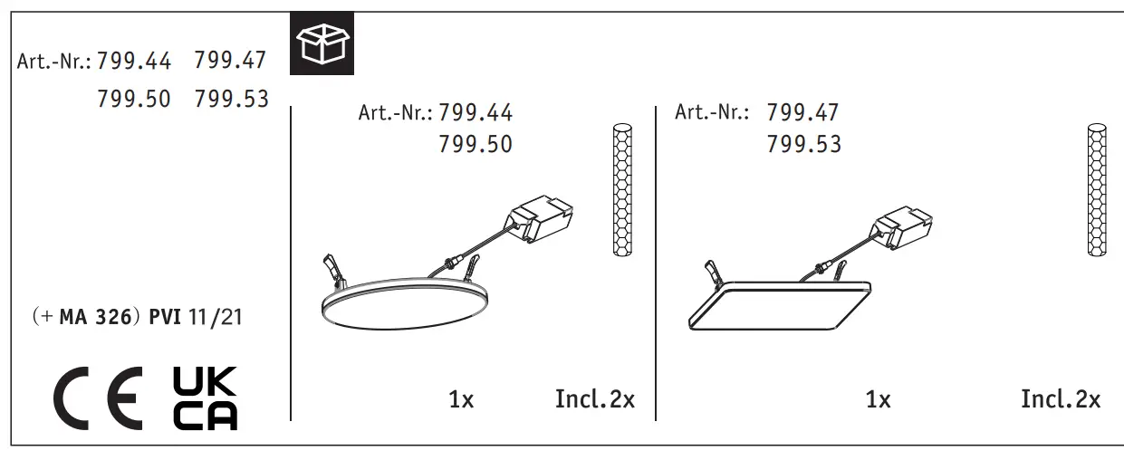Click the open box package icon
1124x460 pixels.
point(322,43)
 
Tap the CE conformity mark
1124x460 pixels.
point(98,398)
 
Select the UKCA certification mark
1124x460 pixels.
point(205,398)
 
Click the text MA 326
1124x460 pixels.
point(95,317)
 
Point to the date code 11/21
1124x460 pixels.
point(216,317)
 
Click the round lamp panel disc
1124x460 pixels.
point(405,304)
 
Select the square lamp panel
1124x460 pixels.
point(780,305)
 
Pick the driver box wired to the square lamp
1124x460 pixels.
point(902,226)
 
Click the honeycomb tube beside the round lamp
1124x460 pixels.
point(623,190)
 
